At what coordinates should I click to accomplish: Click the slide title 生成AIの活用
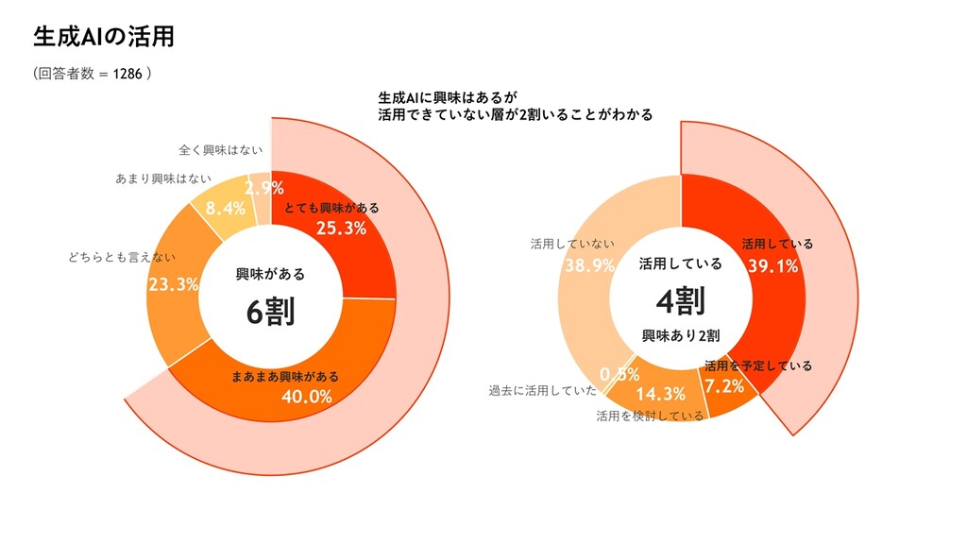click(103, 37)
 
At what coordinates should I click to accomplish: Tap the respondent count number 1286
click(127, 74)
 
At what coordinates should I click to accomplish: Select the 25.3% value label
click(341, 228)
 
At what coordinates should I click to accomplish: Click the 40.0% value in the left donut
click(307, 396)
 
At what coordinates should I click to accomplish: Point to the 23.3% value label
click(173, 284)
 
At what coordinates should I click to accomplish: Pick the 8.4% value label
click(226, 208)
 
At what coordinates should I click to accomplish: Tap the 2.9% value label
click(264, 187)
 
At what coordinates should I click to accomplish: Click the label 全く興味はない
click(220, 149)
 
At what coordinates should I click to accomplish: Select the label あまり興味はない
click(162, 178)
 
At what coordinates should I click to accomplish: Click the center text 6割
click(271, 312)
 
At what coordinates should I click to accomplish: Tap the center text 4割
click(680, 301)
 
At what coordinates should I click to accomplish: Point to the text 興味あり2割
click(681, 335)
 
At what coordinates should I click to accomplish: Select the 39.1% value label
click(772, 266)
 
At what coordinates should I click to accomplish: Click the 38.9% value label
click(589, 265)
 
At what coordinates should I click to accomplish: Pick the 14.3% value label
click(660, 394)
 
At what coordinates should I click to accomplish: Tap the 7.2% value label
click(723, 385)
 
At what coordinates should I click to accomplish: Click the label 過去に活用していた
click(542, 390)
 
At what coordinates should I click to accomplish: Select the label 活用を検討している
click(650, 416)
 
